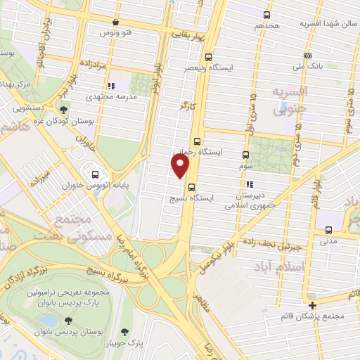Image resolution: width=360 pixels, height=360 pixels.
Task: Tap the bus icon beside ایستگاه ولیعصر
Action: click(207, 58)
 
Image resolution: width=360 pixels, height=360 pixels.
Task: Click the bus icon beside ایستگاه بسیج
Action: click(191, 186)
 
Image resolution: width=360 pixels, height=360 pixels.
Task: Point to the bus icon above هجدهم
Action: click(266, 15)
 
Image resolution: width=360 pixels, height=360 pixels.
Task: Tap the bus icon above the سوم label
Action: click(245, 155)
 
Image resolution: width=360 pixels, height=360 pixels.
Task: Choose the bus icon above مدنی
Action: click(329, 230)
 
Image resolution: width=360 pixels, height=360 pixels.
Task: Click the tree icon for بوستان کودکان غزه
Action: click(64, 110)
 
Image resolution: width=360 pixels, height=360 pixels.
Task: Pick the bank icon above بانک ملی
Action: click(307, 56)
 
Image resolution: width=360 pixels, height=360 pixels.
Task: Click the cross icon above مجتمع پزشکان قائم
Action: click(313, 305)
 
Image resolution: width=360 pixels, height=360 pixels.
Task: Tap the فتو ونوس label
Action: click(117, 33)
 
